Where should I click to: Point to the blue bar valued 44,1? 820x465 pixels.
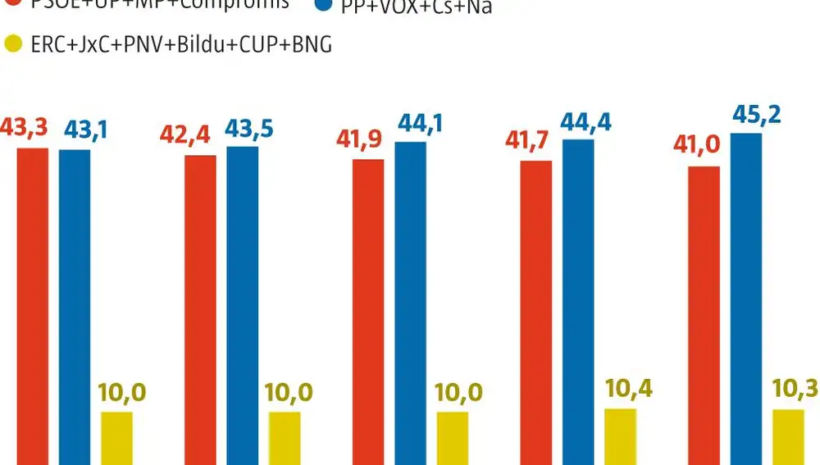point(410,303)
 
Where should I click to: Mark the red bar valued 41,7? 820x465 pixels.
point(536,312)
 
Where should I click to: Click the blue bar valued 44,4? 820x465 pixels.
point(578,302)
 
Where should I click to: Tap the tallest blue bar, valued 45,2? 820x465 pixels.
point(746,299)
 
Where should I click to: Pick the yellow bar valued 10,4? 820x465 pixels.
point(620,436)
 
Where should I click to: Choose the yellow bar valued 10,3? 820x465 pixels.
point(788,437)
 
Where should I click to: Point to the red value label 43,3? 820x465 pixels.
point(25,130)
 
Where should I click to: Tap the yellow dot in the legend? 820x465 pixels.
point(11,43)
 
